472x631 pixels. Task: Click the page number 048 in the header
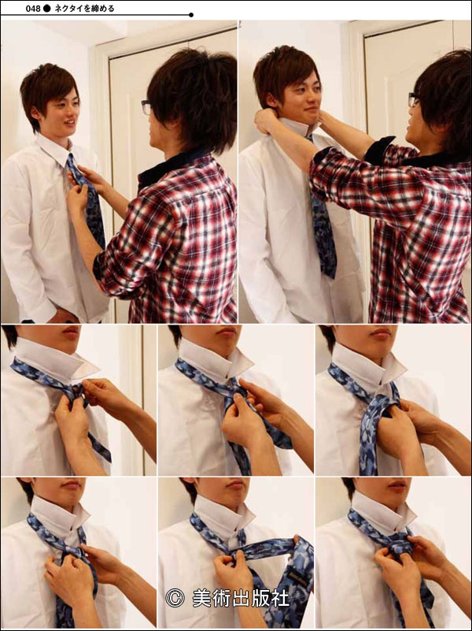coord(33,9)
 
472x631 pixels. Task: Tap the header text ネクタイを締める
coord(84,9)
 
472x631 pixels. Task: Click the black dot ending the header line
coord(191,15)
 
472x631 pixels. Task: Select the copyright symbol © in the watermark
coord(175,598)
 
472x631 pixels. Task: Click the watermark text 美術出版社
coord(240,599)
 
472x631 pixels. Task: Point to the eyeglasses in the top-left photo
coord(146,107)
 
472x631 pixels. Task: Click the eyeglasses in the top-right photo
coord(413,100)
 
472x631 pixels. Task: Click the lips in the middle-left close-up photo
coord(71,332)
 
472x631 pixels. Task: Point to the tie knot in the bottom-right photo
coord(396,545)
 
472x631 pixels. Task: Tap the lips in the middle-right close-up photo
coord(380,332)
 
